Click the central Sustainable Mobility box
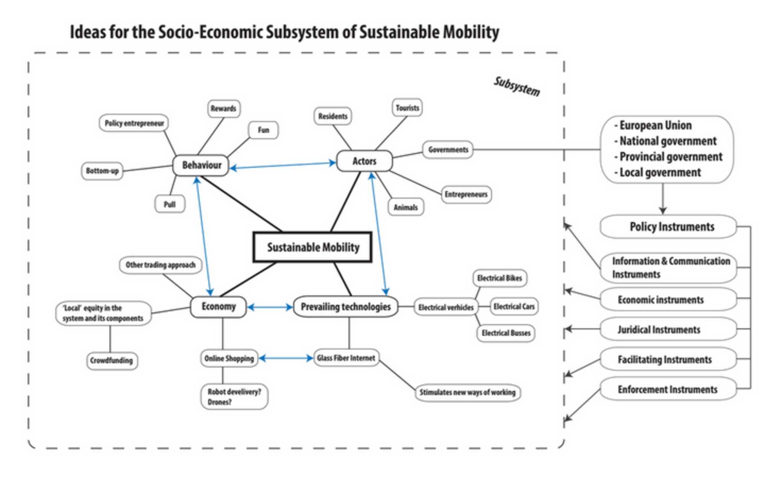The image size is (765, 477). [313, 247]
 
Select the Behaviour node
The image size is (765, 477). [201, 165]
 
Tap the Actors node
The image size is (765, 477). [364, 161]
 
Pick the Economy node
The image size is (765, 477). [218, 307]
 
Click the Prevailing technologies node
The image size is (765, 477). [345, 307]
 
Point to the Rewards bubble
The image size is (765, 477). [223, 109]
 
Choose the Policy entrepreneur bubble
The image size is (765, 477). [134, 123]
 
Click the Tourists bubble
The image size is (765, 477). [407, 108]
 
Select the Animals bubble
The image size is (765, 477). [405, 207]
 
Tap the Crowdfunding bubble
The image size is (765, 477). [112, 360]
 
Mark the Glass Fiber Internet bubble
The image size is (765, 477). [346, 358]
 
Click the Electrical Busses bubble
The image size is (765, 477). [506, 333]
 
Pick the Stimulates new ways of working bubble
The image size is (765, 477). [467, 392]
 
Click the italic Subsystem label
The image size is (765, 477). [517, 86]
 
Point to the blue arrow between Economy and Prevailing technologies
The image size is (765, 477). [270, 307]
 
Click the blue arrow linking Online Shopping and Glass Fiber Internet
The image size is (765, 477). [286, 358]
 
